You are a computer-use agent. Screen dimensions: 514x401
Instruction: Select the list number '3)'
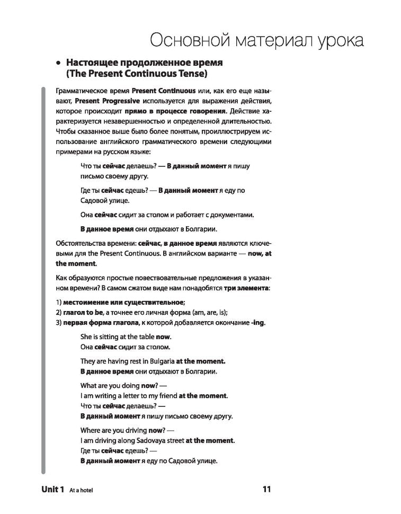coord(58,323)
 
